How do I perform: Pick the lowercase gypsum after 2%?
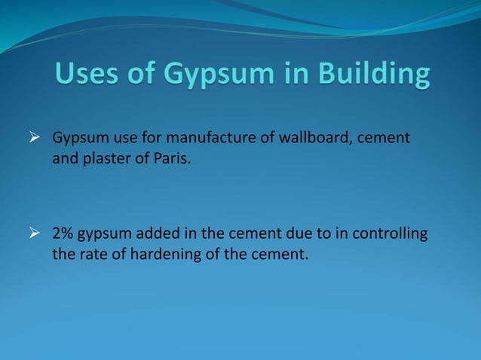click(x=105, y=235)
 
